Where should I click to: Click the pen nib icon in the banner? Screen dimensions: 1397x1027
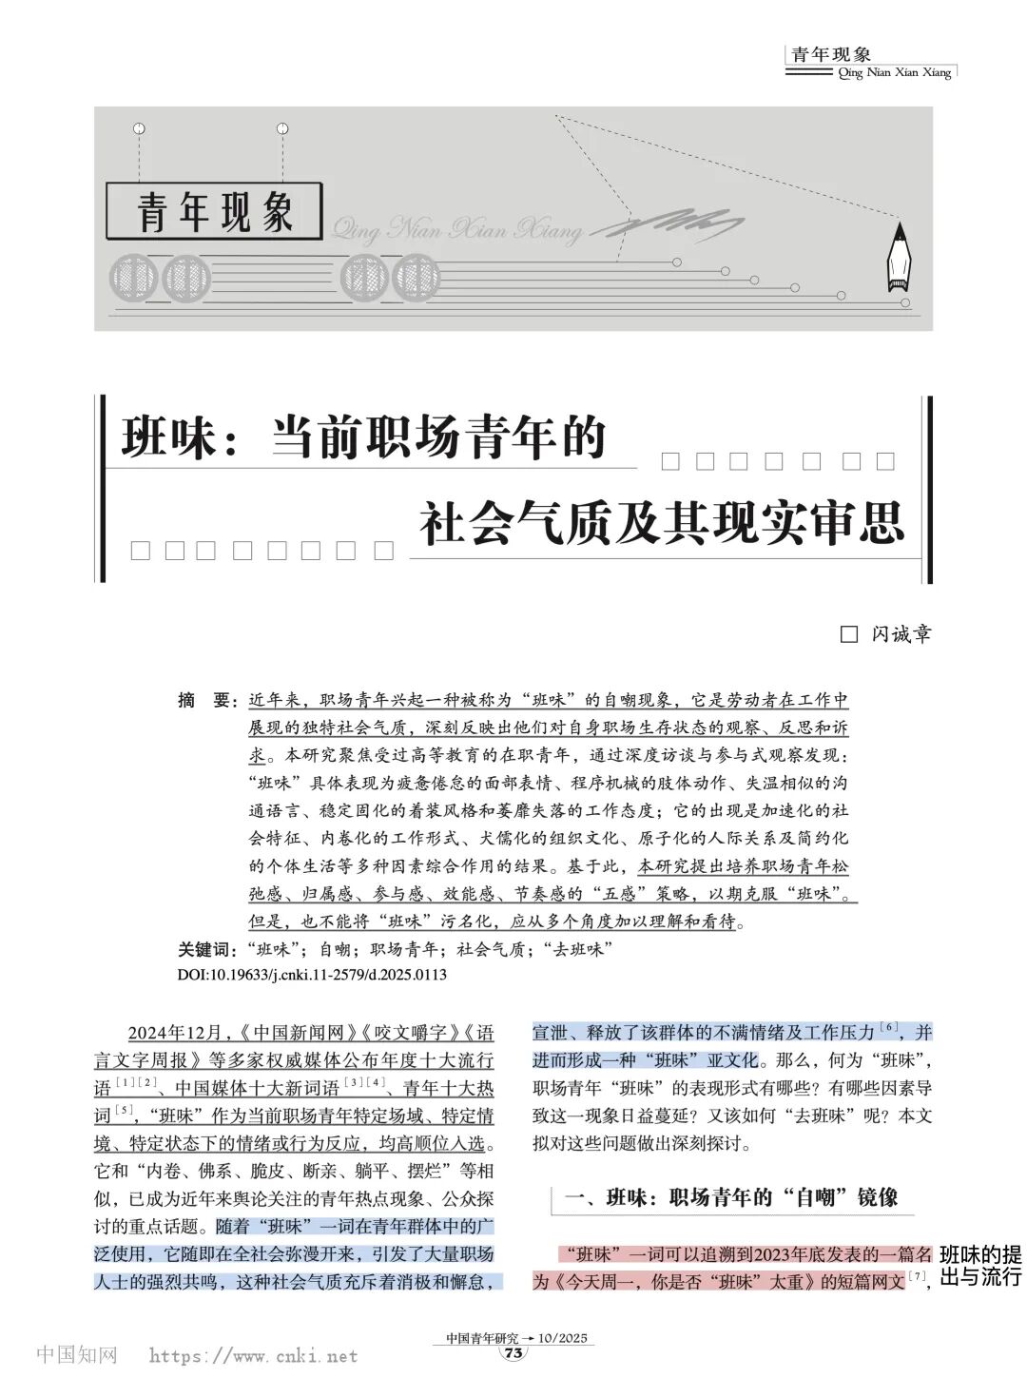898,259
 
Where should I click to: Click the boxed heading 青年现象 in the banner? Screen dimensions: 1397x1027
215,211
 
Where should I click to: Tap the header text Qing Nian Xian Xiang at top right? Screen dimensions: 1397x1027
895,73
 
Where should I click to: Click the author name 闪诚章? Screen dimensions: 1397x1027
901,633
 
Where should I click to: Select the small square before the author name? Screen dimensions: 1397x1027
849,634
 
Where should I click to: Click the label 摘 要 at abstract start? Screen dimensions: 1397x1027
205,701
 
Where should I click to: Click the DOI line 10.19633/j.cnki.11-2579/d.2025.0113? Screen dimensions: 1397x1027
312,975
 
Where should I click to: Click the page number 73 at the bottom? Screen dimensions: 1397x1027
514,1354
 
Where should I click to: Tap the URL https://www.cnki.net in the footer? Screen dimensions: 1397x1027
253,1356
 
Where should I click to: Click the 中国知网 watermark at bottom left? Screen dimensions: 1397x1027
76,1355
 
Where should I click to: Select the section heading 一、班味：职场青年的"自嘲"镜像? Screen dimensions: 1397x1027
731,1197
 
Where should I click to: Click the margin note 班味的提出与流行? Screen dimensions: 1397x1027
980,1266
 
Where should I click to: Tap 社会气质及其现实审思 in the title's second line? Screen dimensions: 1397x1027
663,523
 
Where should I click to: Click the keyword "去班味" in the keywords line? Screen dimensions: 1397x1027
577,949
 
